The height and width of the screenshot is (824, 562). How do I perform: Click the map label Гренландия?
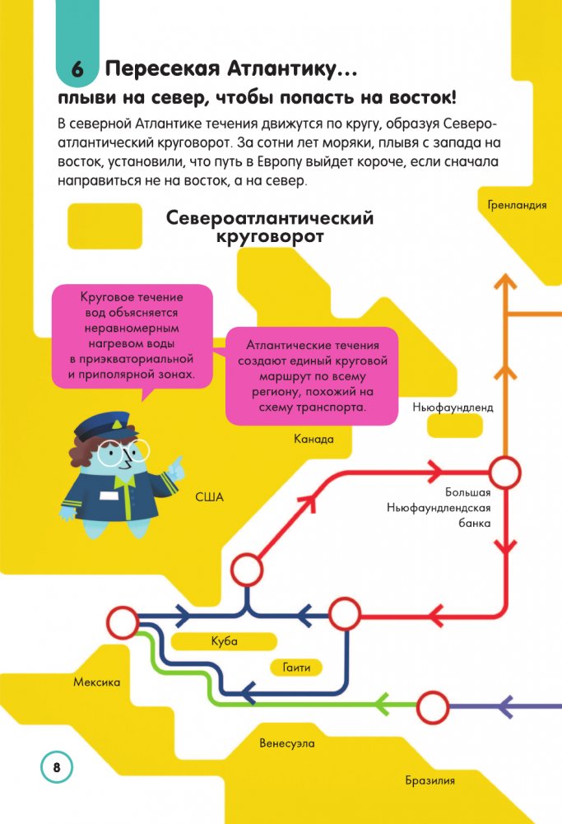tap(516, 206)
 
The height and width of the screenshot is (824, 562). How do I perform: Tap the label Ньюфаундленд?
tap(453, 407)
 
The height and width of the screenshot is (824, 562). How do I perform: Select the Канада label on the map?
tap(314, 439)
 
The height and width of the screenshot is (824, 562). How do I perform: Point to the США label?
tap(210, 497)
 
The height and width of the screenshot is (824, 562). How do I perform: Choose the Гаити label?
tap(296, 668)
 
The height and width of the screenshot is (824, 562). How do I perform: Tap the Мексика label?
tap(97, 682)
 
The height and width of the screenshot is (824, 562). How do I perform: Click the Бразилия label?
tap(430, 781)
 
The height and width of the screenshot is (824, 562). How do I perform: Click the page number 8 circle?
tap(56, 766)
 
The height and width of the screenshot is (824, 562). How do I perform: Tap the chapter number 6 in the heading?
tap(78, 70)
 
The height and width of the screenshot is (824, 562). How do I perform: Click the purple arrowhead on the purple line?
tap(508, 705)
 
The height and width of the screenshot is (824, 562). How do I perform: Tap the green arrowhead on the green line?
tap(381, 705)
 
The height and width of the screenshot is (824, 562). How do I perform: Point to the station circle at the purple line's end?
tap(433, 706)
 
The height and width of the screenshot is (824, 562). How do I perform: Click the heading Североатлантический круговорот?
tap(270, 227)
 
